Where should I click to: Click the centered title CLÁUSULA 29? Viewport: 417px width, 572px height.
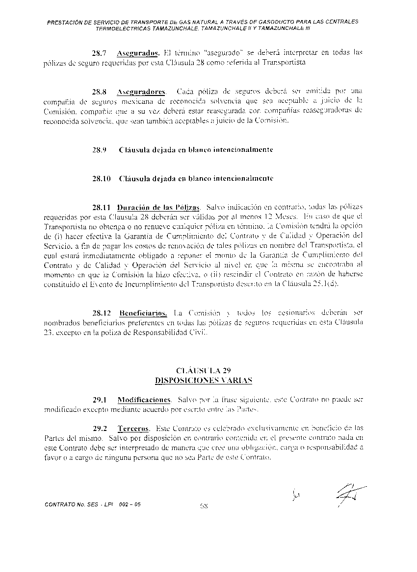click(203, 370)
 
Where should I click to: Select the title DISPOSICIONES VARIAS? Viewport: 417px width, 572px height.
click(203, 380)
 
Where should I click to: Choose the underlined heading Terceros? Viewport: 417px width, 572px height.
click(133, 428)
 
